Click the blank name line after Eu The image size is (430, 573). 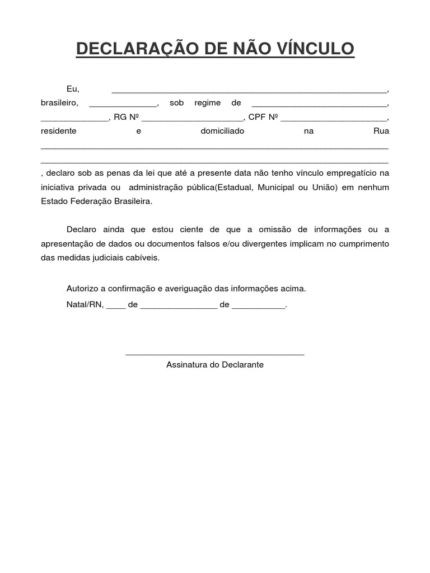click(249, 91)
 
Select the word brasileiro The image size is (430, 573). click(59, 103)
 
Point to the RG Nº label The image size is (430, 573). click(126, 117)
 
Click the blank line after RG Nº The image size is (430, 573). click(192, 119)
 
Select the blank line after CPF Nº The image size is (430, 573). click(334, 119)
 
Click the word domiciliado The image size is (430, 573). click(222, 131)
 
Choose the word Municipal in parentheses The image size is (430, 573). click(275, 187)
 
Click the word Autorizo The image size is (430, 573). click(82, 289)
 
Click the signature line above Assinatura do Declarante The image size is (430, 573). click(215, 354)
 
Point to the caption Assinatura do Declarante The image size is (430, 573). click(215, 365)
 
